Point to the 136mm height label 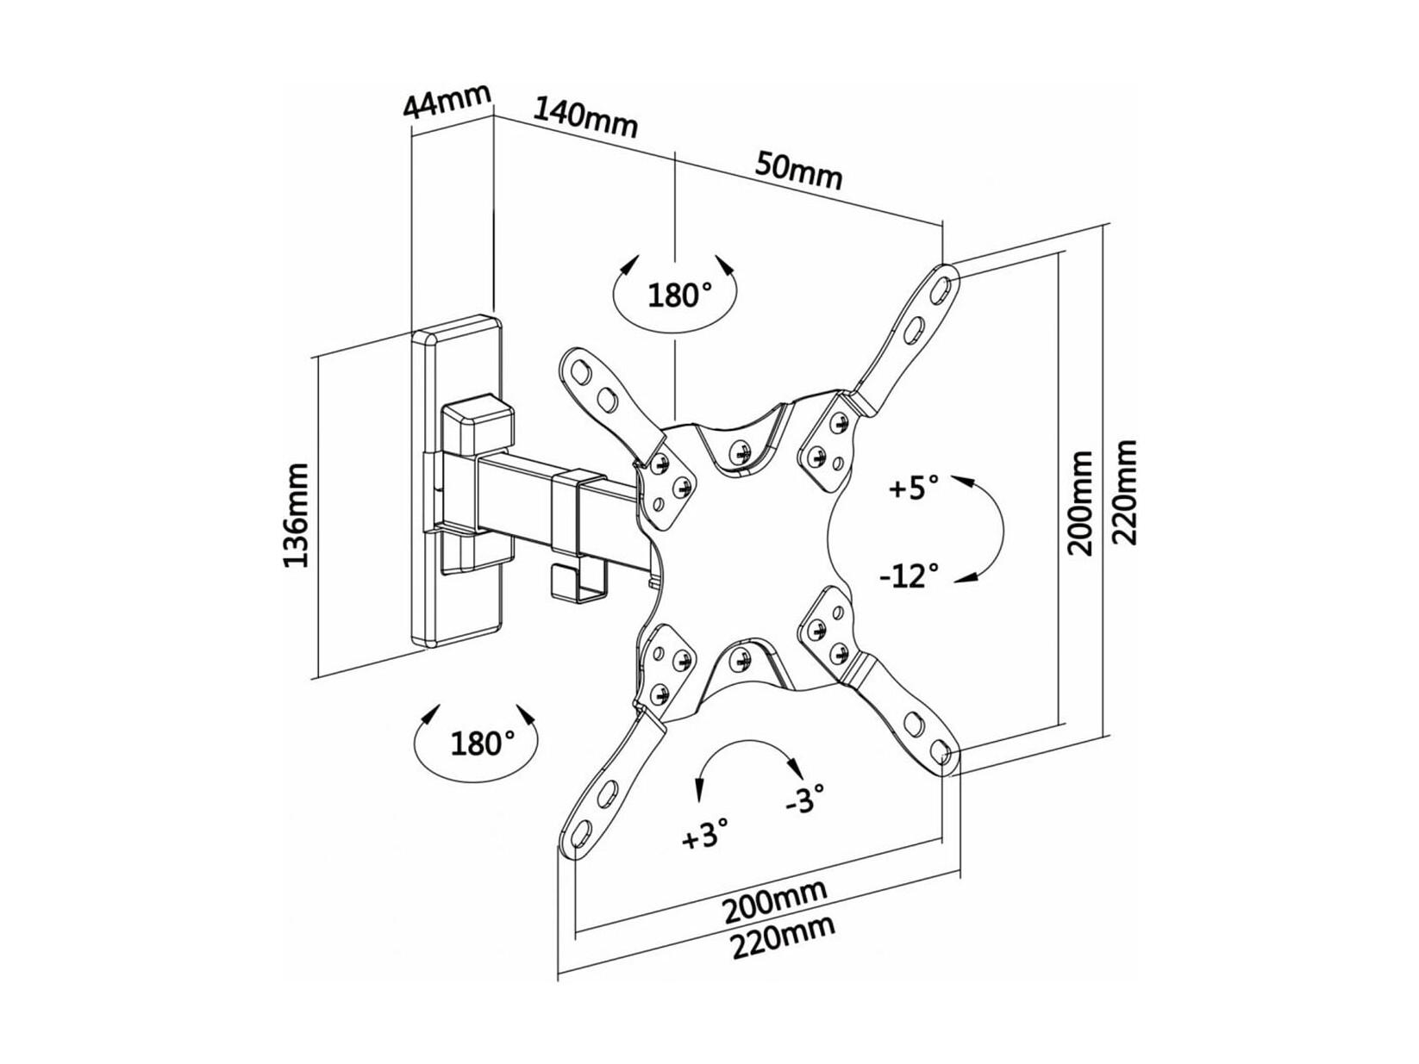click(297, 514)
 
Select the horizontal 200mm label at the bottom click(774, 900)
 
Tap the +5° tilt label click(914, 488)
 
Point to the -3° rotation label click(805, 797)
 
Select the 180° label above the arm click(675, 296)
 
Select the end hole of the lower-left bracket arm click(580, 829)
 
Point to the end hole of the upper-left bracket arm click(580, 370)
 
